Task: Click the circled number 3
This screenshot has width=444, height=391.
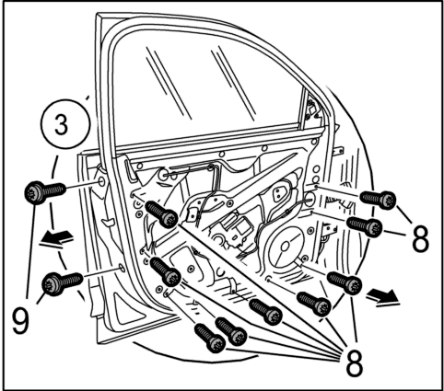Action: pyautogui.click(x=65, y=124)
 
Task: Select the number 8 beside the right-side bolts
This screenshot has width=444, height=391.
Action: pyautogui.click(x=420, y=238)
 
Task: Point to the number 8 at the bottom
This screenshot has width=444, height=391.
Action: pyautogui.click(x=355, y=362)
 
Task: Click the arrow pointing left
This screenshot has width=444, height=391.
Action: pyautogui.click(x=57, y=238)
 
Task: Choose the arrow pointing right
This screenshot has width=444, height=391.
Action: pyautogui.click(x=383, y=297)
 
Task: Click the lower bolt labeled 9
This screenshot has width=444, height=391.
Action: pyautogui.click(x=63, y=282)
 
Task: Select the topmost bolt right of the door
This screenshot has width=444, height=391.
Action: pyautogui.click(x=378, y=199)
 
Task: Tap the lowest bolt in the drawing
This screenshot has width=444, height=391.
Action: pyautogui.click(x=210, y=338)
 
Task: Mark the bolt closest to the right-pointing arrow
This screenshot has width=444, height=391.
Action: pyautogui.click(x=345, y=282)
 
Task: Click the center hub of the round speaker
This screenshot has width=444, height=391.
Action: pyautogui.click(x=286, y=246)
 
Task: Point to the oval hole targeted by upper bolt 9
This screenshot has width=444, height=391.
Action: pyautogui.click(x=101, y=182)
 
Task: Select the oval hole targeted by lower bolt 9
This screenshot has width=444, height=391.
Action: pyautogui.click(x=122, y=268)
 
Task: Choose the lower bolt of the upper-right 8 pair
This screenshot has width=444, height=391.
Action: pyautogui.click(x=365, y=226)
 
